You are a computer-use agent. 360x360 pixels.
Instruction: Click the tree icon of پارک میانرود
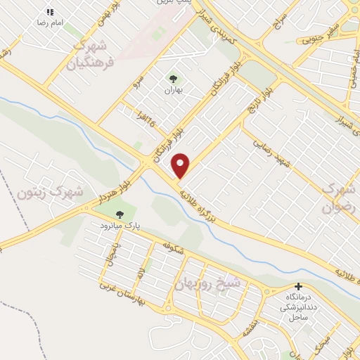point(120,214)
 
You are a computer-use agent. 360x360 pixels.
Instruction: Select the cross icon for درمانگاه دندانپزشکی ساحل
point(299,287)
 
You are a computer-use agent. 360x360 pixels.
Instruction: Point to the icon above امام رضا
point(49,12)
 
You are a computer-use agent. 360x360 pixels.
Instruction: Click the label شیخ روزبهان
point(207,283)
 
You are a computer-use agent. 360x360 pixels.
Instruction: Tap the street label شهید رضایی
point(274,153)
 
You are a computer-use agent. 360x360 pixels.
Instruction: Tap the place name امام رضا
point(51,22)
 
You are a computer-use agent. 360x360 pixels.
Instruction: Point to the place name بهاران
point(173,91)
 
